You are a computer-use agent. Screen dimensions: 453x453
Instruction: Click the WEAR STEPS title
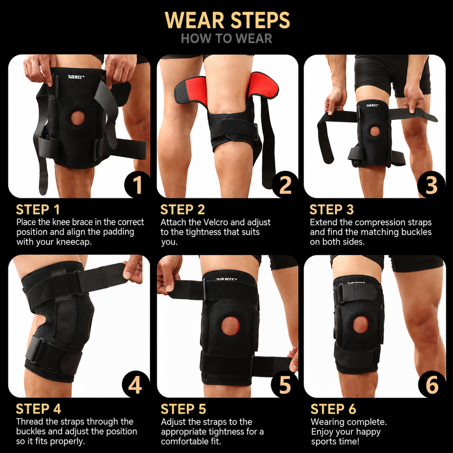point(227,20)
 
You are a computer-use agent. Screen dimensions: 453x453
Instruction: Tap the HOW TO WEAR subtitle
point(226,39)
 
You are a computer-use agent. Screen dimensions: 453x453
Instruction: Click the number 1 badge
point(137,184)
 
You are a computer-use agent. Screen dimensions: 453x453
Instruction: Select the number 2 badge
point(285,184)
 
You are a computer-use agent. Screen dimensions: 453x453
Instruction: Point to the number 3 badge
point(432,184)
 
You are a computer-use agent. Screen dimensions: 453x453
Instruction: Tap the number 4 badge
point(135,384)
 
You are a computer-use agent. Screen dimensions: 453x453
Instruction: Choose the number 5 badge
point(284,384)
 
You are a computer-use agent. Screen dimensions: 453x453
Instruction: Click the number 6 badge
point(432,384)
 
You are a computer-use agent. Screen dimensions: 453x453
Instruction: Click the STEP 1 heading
point(38,209)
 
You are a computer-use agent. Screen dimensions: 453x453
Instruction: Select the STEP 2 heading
point(183,209)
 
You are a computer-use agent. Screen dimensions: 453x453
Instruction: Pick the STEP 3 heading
point(332,209)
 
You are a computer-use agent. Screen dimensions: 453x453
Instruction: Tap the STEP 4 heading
point(38,409)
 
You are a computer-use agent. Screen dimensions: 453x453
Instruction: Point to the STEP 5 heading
point(183,409)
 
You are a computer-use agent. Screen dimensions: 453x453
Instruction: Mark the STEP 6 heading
point(334,409)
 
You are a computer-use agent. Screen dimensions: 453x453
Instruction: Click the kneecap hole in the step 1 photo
point(78,118)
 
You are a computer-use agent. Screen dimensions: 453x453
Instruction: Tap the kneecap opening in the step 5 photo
point(230,326)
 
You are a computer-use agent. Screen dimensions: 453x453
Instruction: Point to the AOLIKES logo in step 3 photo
point(372,105)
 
